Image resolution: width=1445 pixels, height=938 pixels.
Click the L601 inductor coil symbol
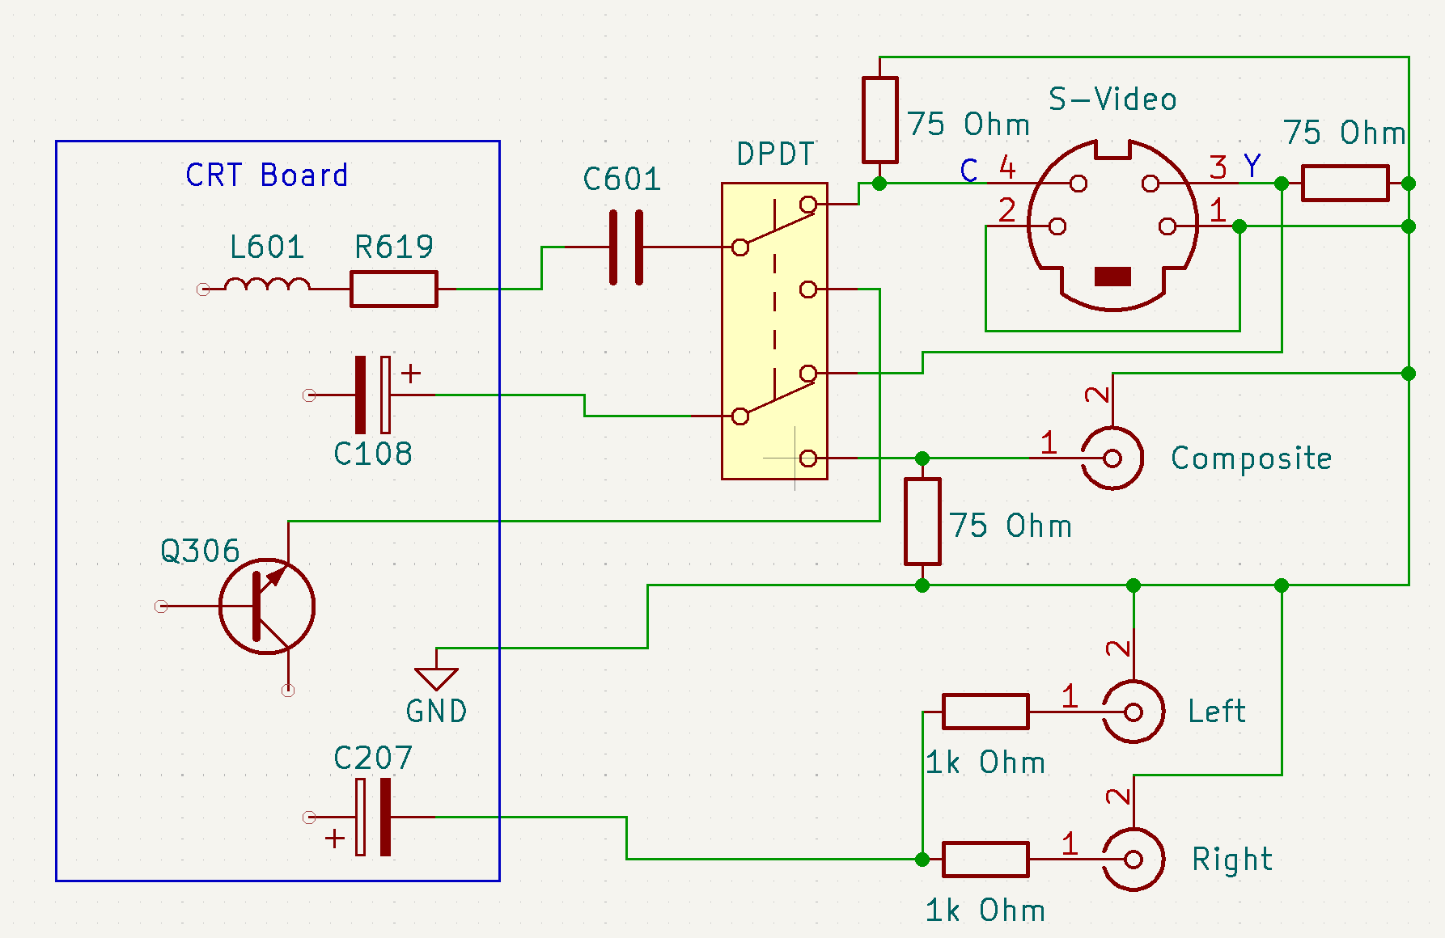[x=266, y=285]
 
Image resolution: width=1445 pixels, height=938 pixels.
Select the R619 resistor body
[x=394, y=289]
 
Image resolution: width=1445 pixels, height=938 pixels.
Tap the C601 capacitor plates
[x=625, y=247]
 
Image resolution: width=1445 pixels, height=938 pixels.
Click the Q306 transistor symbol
[x=267, y=606]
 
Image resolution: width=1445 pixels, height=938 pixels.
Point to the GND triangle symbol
[x=436, y=678]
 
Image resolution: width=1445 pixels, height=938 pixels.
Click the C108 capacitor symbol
[x=372, y=395]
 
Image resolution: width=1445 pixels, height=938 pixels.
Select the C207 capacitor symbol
[x=372, y=817]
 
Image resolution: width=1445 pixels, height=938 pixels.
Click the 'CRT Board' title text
[x=266, y=175]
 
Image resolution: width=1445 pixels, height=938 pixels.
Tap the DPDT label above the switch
[x=775, y=154]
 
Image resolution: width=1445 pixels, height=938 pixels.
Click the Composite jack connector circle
[x=1112, y=458]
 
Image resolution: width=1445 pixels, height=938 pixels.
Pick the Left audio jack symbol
[x=1134, y=712]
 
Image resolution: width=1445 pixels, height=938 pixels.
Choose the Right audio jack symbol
[x=1134, y=859]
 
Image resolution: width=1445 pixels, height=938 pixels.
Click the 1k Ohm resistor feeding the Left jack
[x=985, y=712]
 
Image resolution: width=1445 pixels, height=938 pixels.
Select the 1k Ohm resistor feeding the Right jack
[x=985, y=859]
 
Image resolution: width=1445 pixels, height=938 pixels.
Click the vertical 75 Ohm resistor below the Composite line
[x=922, y=522]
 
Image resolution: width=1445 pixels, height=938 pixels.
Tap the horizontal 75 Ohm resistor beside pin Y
[x=1345, y=184]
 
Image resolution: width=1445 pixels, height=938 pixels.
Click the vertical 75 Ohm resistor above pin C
[x=879, y=120]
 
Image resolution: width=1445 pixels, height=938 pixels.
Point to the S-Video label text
[x=1112, y=99]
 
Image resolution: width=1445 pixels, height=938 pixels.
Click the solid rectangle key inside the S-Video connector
[x=1112, y=277]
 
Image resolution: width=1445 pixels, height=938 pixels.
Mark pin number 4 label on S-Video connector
[x=1007, y=167]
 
